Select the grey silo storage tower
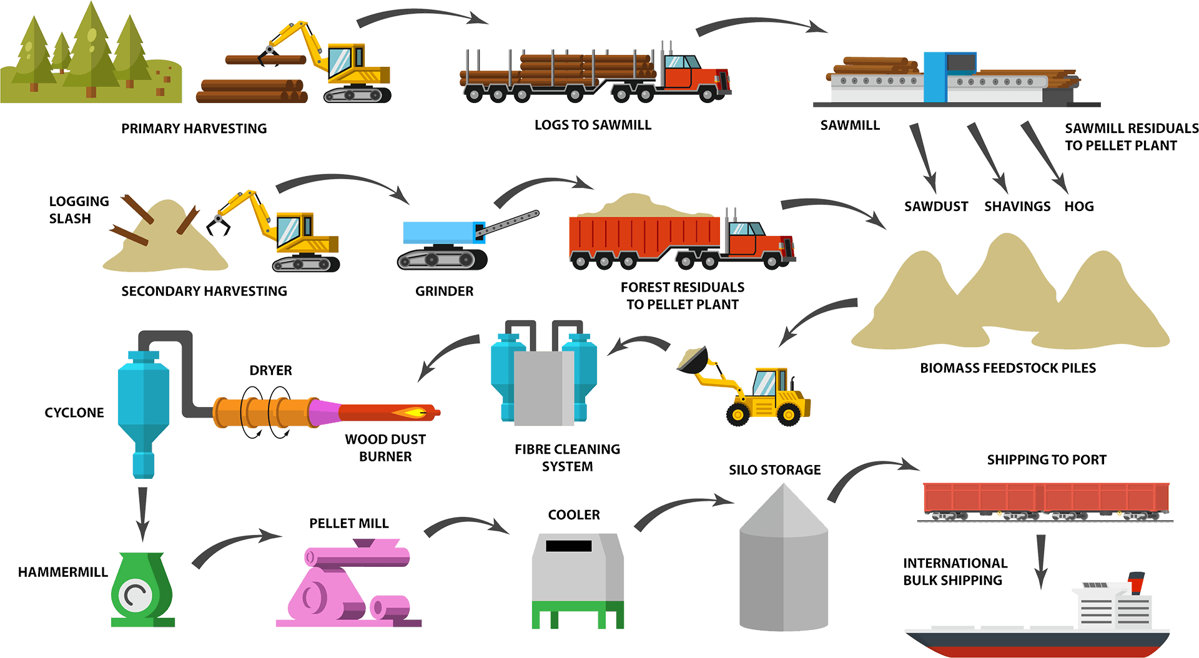point(784,562)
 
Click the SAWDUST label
point(936,207)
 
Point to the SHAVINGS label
point(1017,207)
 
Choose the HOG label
point(1079,207)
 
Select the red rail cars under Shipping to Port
point(1045,499)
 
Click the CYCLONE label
point(74,413)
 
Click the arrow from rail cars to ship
point(1040,559)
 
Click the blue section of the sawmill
point(935,77)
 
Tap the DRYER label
point(270,370)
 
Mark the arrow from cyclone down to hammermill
point(142,512)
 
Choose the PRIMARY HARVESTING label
point(194,129)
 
